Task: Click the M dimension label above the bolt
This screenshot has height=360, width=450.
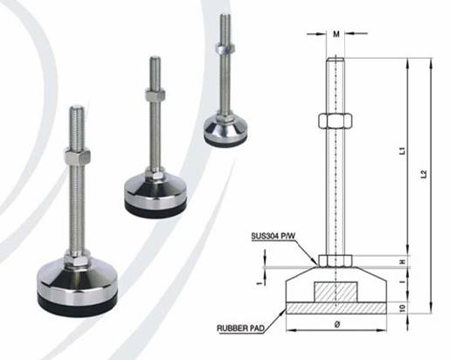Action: pyautogui.click(x=336, y=34)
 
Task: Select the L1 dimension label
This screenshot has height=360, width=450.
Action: pyautogui.click(x=402, y=150)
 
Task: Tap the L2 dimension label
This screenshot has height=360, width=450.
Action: pyautogui.click(x=425, y=174)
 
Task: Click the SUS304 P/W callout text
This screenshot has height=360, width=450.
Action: pyautogui.click(x=273, y=236)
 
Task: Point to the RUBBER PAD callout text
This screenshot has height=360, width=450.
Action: pyautogui.click(x=241, y=329)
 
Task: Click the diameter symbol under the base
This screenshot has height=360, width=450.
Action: pyautogui.click(x=337, y=324)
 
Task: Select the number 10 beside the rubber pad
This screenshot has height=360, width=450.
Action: pyautogui.click(x=403, y=308)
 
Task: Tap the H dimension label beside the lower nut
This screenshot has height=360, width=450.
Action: pyautogui.click(x=403, y=262)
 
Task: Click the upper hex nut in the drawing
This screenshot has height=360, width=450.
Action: pyautogui.click(x=336, y=121)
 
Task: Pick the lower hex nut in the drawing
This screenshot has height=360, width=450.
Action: pyautogui.click(x=336, y=260)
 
